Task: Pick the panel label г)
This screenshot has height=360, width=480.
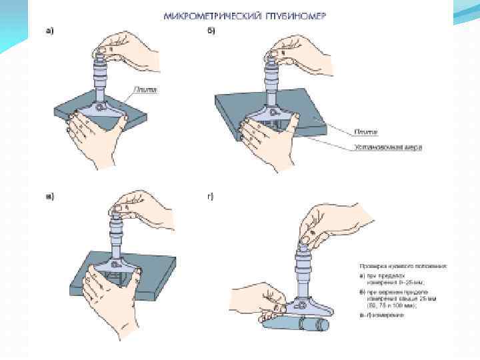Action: [211, 195]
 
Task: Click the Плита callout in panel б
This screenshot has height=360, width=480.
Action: [368, 131]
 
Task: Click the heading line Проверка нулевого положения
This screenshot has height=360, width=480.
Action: [403, 265]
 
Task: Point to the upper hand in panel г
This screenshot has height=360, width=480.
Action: [333, 223]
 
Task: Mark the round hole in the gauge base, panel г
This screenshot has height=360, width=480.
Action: [302, 305]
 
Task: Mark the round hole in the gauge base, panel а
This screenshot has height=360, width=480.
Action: [99, 106]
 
